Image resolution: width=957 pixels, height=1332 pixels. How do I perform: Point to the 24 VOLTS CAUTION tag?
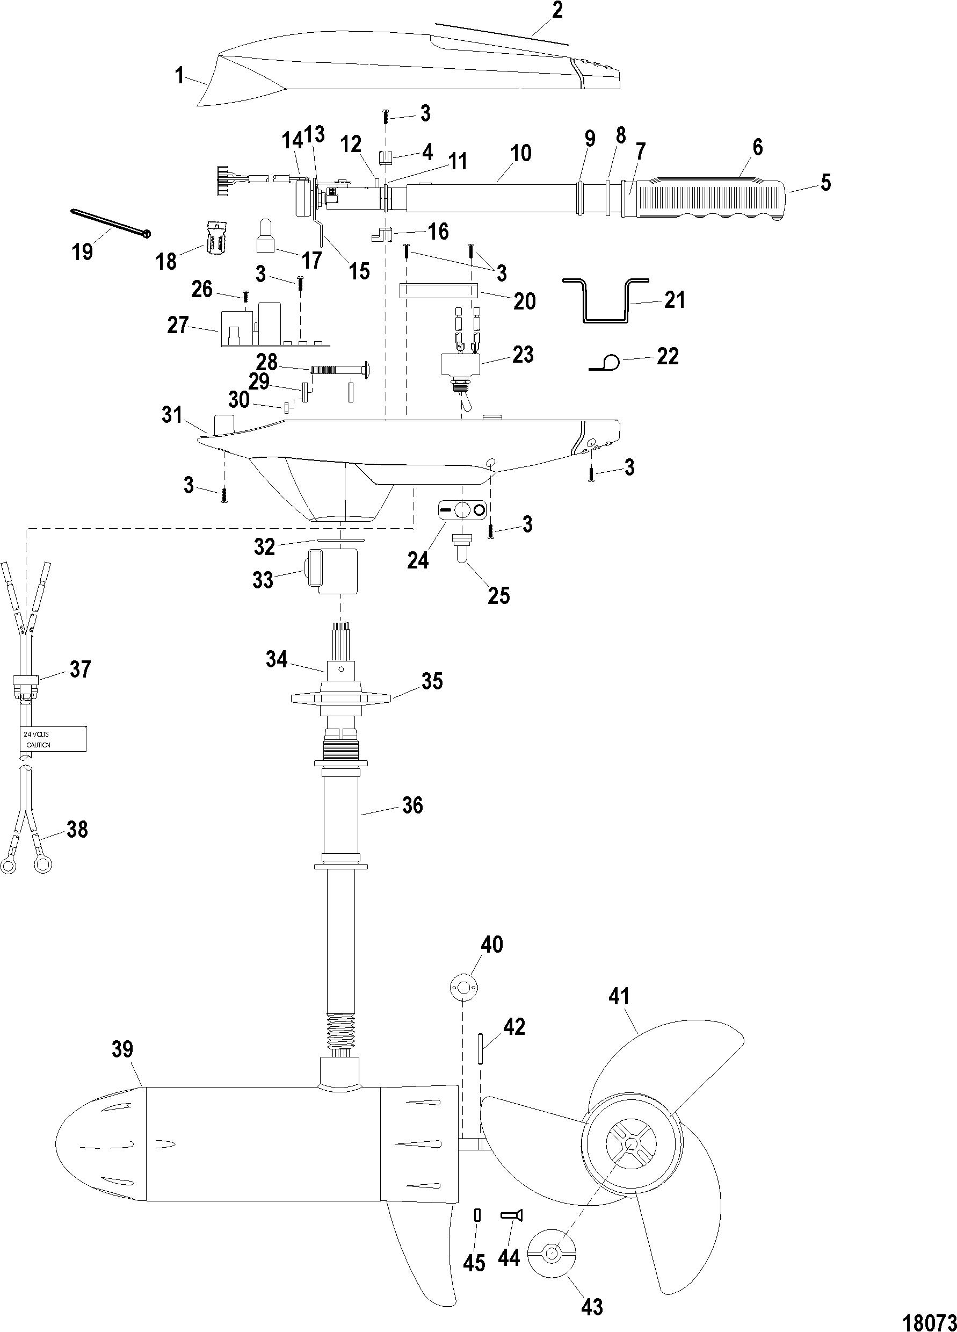coord(50,739)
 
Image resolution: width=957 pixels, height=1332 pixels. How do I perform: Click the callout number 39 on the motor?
coord(122,1048)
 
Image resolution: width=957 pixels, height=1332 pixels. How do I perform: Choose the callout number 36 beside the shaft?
coord(411,805)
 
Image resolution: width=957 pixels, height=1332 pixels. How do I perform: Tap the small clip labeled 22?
coord(605,364)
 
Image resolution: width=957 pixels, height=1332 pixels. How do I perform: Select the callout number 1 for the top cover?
coord(180,75)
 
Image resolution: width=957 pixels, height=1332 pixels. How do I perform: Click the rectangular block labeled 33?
coord(332,571)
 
